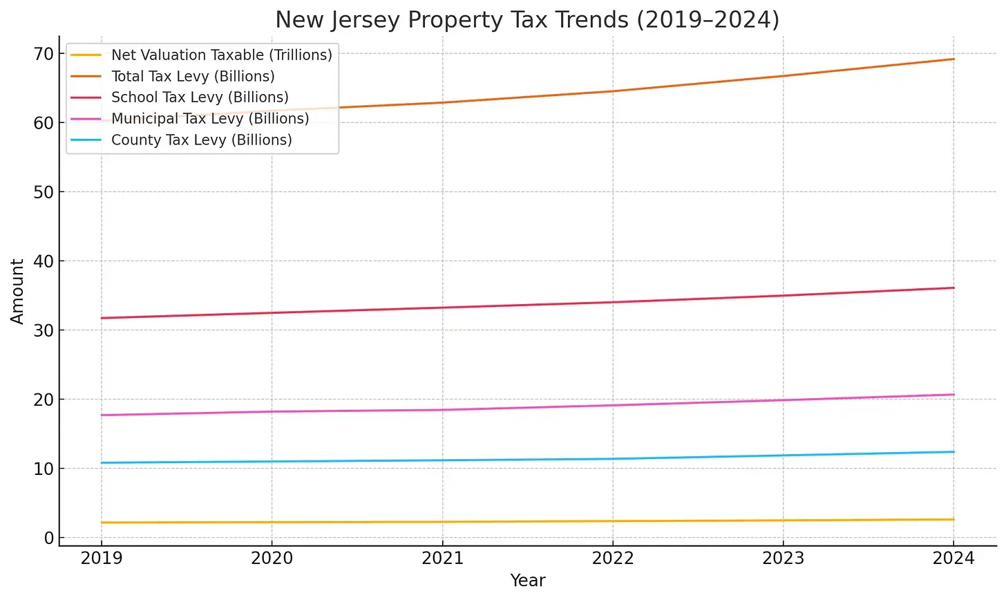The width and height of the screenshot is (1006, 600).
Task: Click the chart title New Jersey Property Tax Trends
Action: (527, 20)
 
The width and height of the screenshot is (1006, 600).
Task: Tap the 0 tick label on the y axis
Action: (48, 538)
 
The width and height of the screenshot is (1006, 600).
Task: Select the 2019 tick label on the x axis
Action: (102, 559)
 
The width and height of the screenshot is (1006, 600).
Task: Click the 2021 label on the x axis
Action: (442, 559)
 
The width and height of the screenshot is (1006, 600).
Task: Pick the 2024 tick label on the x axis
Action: (953, 559)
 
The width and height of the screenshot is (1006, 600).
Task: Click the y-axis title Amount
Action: (17, 291)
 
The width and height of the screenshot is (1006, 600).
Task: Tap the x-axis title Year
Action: (528, 581)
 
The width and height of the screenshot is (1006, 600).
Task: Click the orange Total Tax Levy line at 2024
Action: (953, 59)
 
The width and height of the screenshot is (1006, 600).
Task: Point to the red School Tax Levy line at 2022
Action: (613, 302)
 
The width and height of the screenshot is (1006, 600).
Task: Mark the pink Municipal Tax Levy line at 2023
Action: (784, 400)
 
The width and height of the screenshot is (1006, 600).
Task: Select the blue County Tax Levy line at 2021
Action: (442, 460)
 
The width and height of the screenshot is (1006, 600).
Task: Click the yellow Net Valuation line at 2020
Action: (272, 523)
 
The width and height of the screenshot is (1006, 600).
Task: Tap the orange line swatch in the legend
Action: (86, 77)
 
